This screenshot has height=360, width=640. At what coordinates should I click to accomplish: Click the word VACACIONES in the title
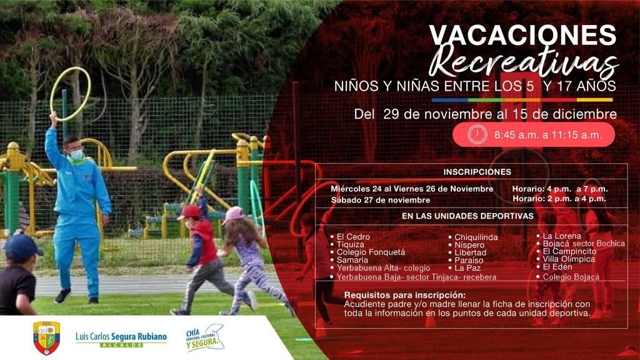coord(523,35)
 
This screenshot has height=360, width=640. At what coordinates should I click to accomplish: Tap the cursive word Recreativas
coord(524,62)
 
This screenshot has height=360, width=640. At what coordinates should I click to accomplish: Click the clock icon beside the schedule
coord(477,134)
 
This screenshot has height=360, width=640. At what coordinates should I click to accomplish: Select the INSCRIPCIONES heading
coord(477,172)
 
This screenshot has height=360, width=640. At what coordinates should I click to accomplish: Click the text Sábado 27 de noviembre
coord(381,200)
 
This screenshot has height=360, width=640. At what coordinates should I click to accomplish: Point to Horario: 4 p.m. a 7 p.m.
coord(559,189)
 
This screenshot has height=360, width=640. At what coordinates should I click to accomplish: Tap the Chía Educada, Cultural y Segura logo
coord(205,338)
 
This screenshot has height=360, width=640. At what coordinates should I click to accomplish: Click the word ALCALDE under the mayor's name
coord(121,345)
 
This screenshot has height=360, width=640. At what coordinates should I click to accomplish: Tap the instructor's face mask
coord(76,154)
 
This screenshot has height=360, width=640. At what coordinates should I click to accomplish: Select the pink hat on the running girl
coord(233,215)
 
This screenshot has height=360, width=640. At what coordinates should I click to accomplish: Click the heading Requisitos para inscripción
coord(404,295)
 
